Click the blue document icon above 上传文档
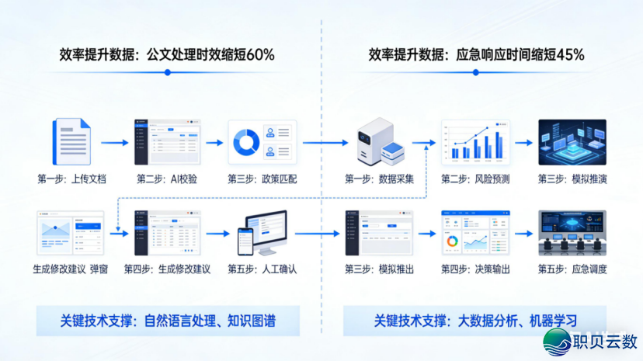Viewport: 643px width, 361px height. [x=71, y=141]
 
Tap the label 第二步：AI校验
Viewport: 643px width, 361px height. [x=167, y=179]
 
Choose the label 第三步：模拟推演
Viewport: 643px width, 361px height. [x=572, y=179]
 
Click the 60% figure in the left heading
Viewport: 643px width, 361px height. [x=259, y=55]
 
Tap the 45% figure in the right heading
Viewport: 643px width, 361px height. [x=568, y=55]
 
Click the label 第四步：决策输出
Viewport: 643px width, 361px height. [x=476, y=269]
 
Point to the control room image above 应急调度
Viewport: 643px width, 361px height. [x=572, y=233]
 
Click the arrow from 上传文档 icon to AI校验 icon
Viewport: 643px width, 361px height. [x=113, y=143]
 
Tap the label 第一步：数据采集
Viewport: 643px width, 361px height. [x=380, y=179]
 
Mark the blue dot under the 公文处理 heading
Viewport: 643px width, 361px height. [x=167, y=72]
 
